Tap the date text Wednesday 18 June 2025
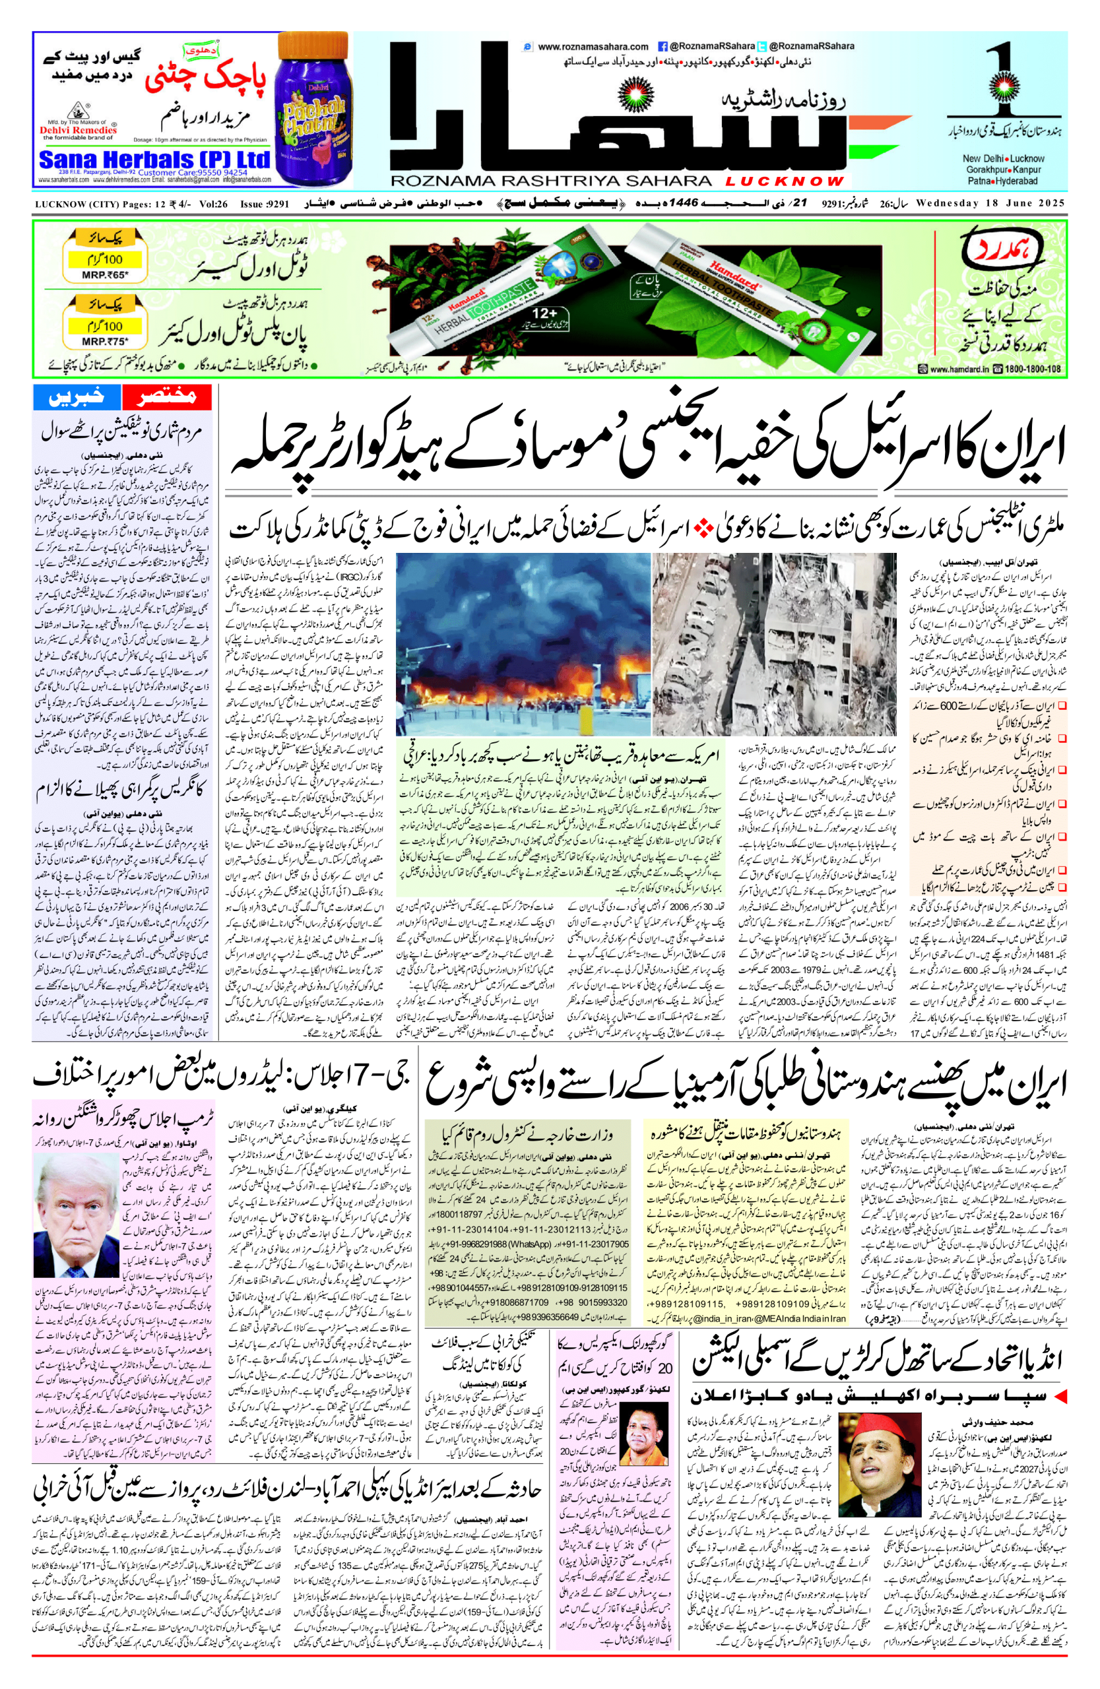pyautogui.click(x=990, y=204)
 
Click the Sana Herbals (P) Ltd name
pyautogui.click(x=154, y=159)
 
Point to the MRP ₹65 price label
pyautogui.click(x=105, y=274)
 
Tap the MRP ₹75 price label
pyautogui.click(x=105, y=340)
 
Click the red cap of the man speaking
pyautogui.click(x=880, y=1406)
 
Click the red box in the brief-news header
pyautogui.click(x=167, y=397)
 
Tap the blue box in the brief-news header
pyautogui.click(x=77, y=397)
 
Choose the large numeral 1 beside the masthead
pyautogui.click(x=1005, y=75)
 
